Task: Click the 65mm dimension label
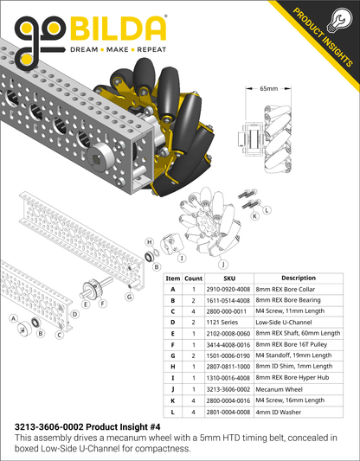coord(269,89)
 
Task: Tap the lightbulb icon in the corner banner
coord(340,19)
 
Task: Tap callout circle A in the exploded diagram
coord(15,318)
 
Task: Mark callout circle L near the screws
coord(267,210)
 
